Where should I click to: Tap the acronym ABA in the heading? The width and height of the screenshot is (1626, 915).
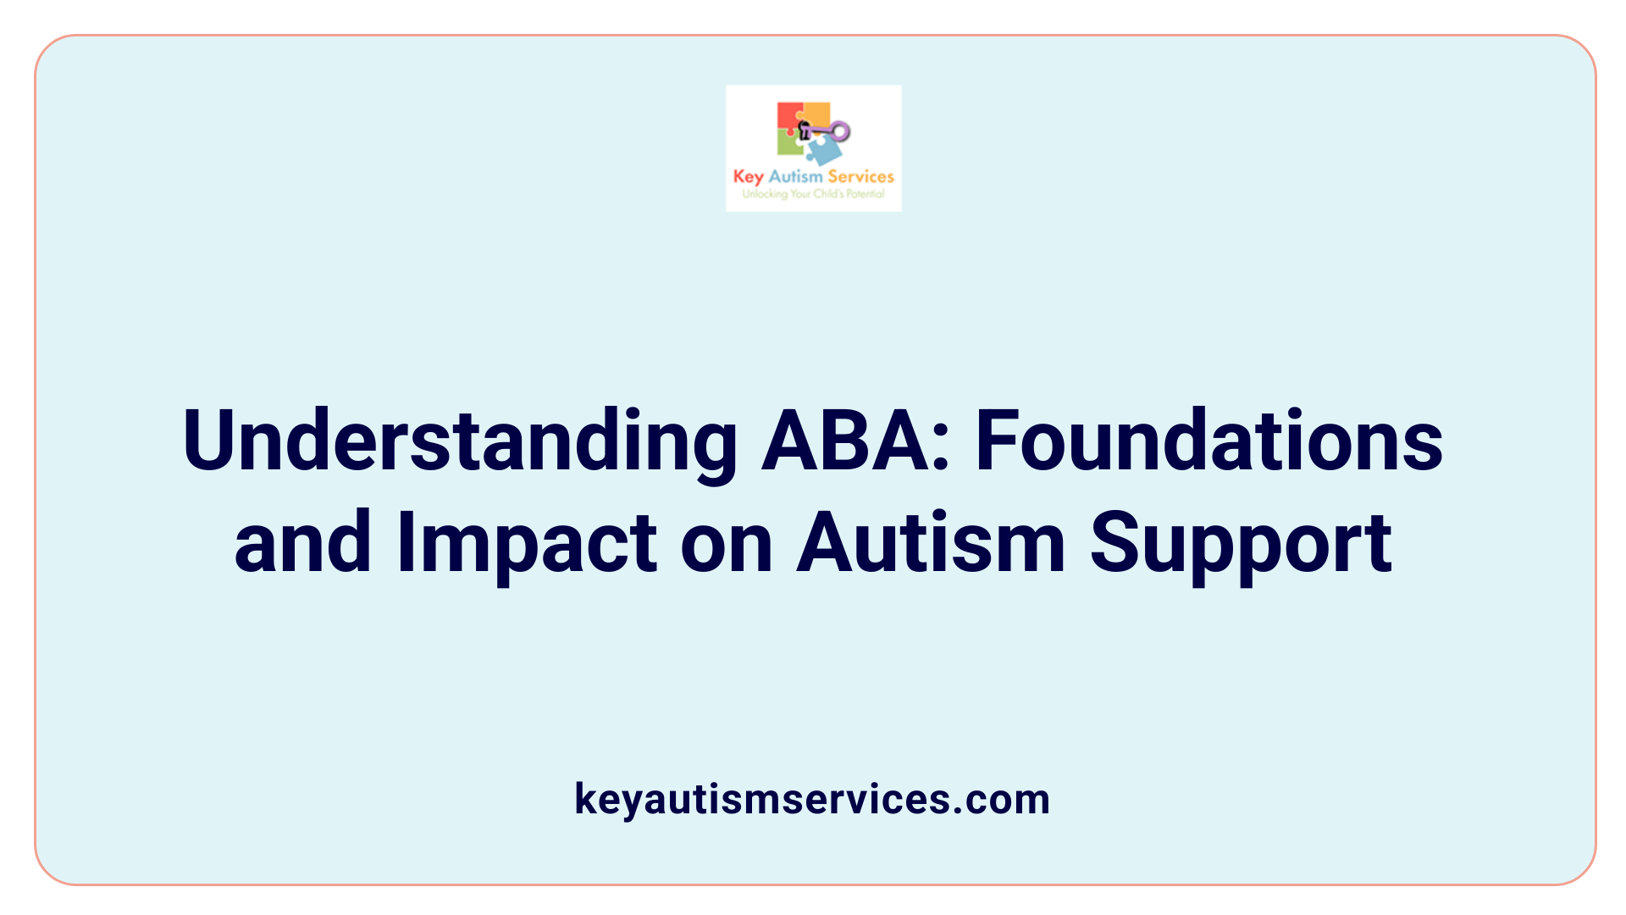[x=854, y=442]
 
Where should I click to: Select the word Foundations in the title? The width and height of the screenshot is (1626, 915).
[x=1209, y=442]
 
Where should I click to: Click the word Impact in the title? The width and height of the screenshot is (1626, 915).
[x=526, y=543]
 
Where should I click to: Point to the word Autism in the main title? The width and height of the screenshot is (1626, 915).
[x=930, y=543]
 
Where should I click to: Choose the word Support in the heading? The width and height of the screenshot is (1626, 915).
[x=1241, y=543]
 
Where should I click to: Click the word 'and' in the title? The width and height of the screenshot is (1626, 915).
[x=302, y=543]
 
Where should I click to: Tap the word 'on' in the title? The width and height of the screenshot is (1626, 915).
[x=727, y=543]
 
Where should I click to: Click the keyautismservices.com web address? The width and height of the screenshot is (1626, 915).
[x=812, y=799]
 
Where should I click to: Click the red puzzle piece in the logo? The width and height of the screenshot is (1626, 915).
[x=789, y=117]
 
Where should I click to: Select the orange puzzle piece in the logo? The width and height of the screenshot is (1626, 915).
[x=816, y=114]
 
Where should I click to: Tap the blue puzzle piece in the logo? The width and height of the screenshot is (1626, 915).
[x=823, y=151]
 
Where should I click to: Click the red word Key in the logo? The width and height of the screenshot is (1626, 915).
[x=748, y=177]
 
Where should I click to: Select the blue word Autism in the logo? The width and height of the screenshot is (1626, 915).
[x=795, y=177]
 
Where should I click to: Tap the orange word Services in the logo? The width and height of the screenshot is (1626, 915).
[x=860, y=177]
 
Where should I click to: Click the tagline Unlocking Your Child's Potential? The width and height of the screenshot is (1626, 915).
[x=813, y=194]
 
